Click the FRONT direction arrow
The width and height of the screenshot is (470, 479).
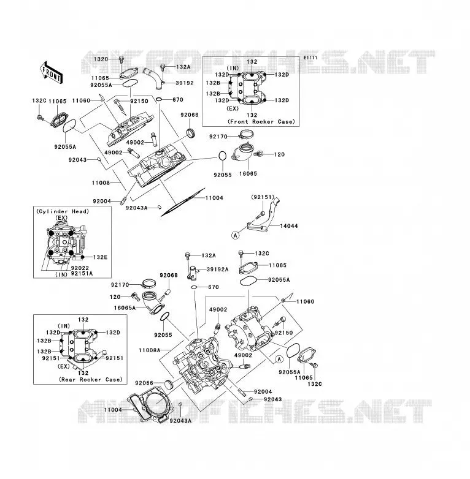tap(52, 73)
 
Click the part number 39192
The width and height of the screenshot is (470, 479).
tap(185, 83)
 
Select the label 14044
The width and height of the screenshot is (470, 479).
tap(288, 226)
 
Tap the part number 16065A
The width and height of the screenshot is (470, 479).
tap(125, 307)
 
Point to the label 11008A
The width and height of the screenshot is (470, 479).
tap(149, 350)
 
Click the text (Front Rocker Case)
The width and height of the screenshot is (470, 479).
tap(261, 121)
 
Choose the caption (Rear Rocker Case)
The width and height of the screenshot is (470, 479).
tap(91, 379)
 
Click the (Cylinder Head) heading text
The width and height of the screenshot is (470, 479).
tap(63, 211)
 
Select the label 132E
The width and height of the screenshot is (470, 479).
tap(101, 257)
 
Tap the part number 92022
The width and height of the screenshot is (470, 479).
tap(80, 268)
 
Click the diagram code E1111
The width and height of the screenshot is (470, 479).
tap(310, 58)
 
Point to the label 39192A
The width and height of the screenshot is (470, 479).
tap(218, 269)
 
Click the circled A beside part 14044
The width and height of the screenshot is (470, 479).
tap(235, 235)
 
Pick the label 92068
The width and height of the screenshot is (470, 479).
tap(169, 275)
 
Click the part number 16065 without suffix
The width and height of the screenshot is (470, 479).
tap(248, 173)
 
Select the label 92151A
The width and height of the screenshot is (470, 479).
tap(82, 273)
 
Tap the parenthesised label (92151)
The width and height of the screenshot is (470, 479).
tap(263, 197)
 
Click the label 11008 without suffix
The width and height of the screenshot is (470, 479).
tap(101, 183)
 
